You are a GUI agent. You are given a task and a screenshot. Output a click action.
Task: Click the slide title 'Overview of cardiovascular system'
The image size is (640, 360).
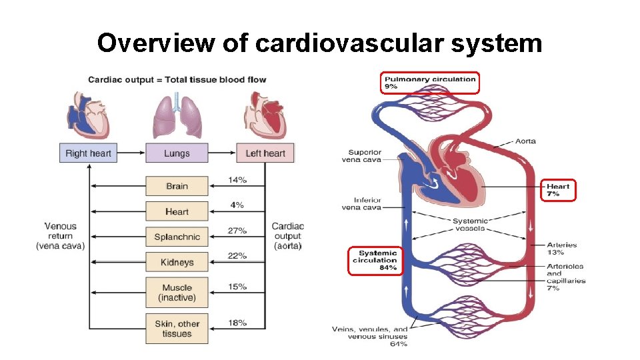coord(319,43)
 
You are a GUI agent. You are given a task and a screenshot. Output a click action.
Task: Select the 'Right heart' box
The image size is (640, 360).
coord(88,153)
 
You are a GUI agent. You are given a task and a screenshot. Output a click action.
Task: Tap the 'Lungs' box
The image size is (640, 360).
coord(177,153)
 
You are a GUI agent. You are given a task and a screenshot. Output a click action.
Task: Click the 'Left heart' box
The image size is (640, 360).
coord(265,153)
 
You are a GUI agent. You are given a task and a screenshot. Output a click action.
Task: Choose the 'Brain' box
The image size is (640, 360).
coord(177,186)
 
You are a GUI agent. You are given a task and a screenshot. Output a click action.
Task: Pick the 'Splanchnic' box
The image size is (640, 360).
coord(177,237)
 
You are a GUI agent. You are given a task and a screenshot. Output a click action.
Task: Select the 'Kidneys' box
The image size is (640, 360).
coord(177,262)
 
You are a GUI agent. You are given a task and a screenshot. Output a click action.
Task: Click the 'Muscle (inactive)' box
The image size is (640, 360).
coord(177,293)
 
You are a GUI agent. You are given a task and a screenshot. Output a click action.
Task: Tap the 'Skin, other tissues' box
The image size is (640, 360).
coord(177,329)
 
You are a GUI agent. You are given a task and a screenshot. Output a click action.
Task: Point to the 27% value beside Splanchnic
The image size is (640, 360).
coord(237,231)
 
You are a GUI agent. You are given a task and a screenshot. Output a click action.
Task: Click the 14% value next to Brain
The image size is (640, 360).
coord(237,180)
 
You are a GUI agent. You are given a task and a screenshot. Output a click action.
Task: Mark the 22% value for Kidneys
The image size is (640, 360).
coord(237,256)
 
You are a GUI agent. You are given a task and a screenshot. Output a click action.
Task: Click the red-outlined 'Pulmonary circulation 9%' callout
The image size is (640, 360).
coord(430,83)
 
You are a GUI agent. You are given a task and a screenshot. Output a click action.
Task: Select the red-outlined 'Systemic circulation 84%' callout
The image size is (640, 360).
coord(377,260)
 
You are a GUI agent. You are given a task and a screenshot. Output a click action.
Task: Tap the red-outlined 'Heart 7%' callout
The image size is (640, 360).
coord(558,190)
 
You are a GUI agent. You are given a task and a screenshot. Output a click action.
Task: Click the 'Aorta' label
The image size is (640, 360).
coord(525,141)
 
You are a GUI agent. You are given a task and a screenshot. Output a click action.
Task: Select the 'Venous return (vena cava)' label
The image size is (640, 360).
coord(61,236)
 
